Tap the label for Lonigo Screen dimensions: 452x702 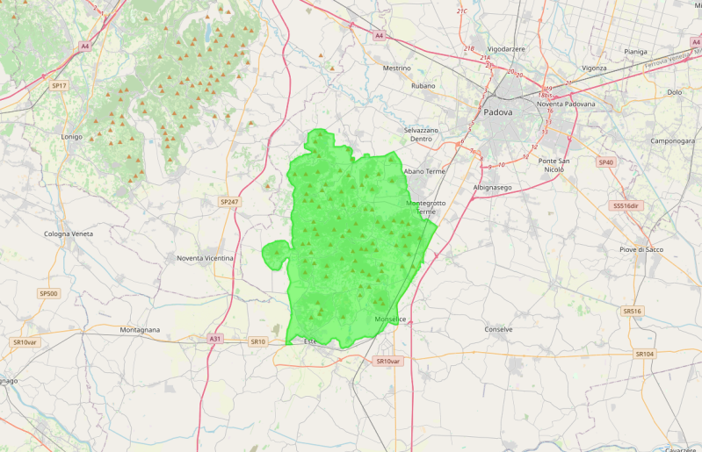(71, 138)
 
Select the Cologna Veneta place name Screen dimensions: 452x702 (69, 233)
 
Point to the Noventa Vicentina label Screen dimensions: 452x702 (205, 258)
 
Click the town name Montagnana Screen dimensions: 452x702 (140, 330)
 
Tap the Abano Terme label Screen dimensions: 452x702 (424, 171)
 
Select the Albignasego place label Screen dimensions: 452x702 (493, 188)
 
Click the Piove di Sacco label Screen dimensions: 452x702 (641, 249)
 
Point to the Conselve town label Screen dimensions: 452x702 (498, 329)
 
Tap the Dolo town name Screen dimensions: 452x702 (675, 91)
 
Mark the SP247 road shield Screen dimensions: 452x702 (229, 202)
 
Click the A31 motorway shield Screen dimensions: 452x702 (215, 338)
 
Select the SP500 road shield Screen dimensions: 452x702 (48, 293)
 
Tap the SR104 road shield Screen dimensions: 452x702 (645, 354)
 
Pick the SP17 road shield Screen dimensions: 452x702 (59, 86)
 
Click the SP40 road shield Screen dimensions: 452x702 (606, 162)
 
